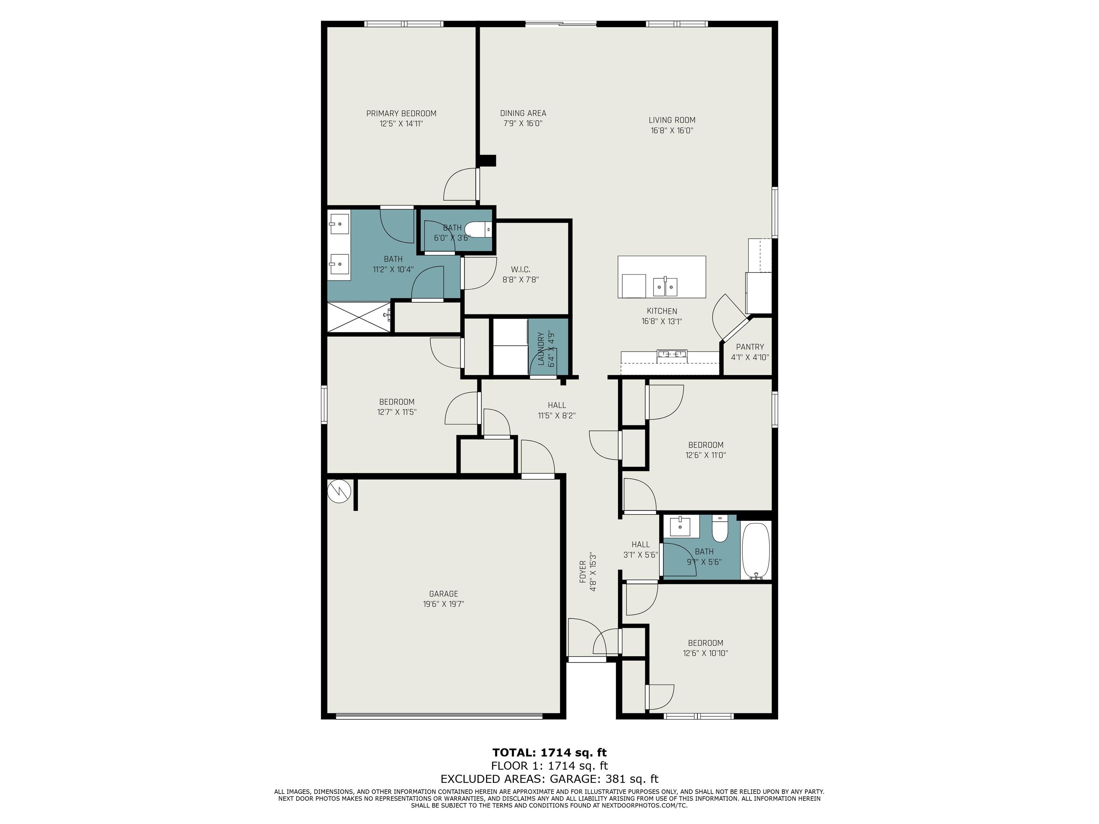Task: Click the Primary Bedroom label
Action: (401, 113)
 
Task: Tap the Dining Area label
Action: (523, 113)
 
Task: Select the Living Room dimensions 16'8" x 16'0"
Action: (672, 131)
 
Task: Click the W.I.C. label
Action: (520, 269)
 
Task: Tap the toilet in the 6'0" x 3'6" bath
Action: (478, 230)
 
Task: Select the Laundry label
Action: (541, 349)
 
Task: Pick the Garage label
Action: (443, 594)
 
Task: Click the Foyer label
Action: (583, 572)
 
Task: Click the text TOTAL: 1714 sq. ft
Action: (549, 752)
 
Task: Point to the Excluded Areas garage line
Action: (549, 779)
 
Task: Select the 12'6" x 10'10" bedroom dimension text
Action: (705, 653)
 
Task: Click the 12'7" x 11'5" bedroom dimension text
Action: (396, 412)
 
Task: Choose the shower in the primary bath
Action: (360, 317)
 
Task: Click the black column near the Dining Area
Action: (487, 161)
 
